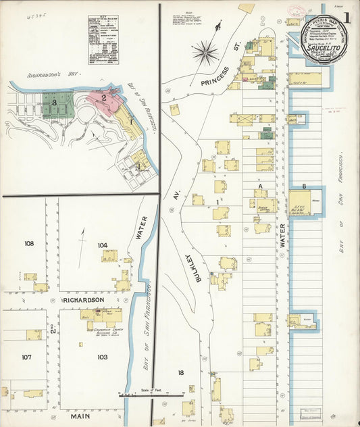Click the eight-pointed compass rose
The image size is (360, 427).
(205, 51)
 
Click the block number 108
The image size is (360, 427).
(29, 243)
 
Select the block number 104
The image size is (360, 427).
(102, 245)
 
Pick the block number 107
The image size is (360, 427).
(28, 357)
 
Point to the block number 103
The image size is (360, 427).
(102, 357)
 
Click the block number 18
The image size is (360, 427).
(180, 372)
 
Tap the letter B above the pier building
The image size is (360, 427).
(305, 186)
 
